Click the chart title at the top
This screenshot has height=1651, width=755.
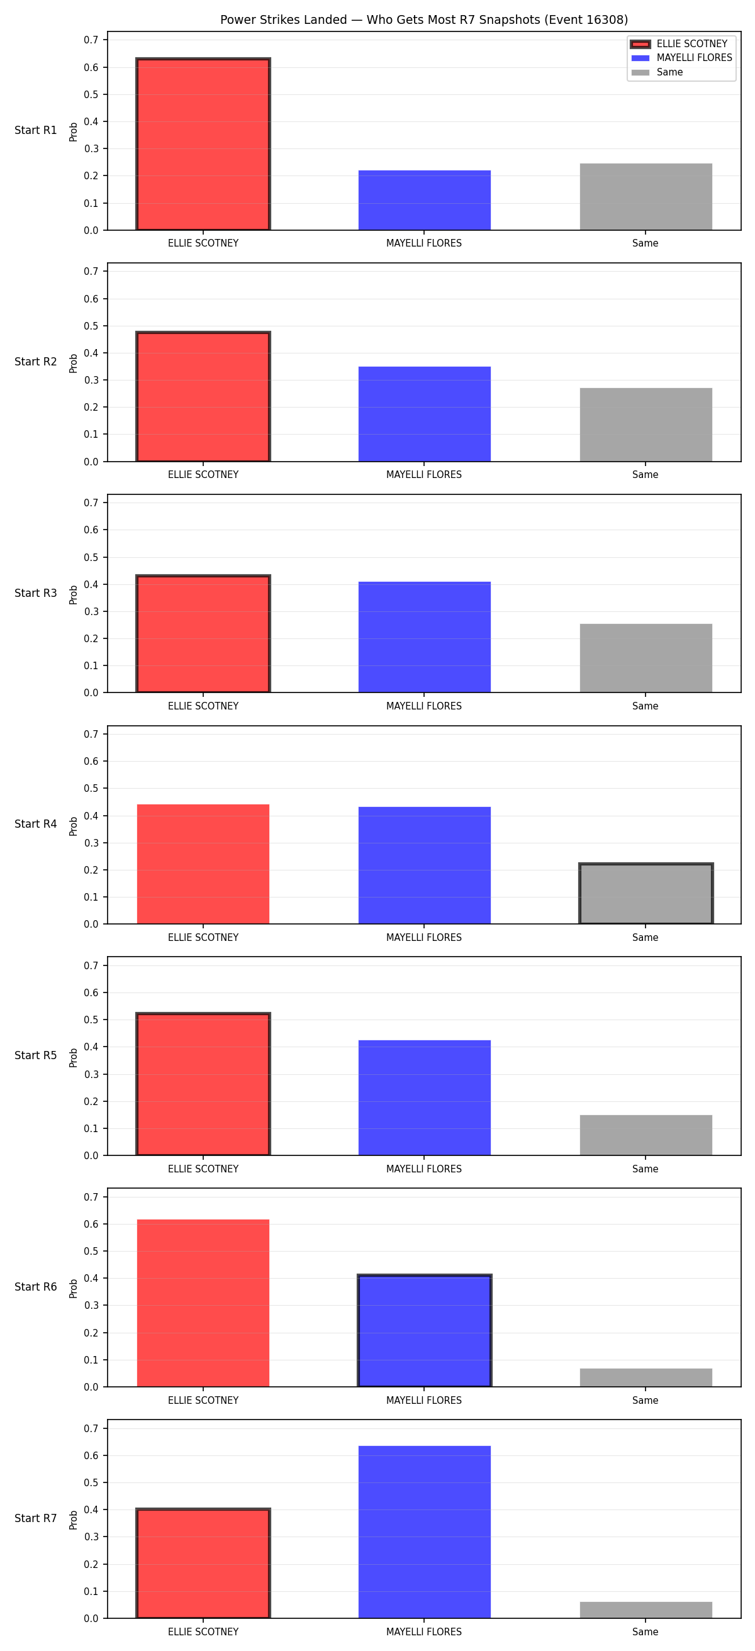pos(423,20)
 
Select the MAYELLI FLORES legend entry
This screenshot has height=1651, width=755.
pos(681,58)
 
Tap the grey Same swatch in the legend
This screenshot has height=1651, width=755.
pos(640,72)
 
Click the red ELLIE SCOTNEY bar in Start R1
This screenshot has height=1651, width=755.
pos(203,144)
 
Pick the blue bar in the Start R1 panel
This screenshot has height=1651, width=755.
pos(424,200)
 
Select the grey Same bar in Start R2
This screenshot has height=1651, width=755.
pos(646,425)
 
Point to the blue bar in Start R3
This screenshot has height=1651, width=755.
pos(424,637)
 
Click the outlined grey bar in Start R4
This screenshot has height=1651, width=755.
pos(646,894)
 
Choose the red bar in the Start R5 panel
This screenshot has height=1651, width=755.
pos(203,1084)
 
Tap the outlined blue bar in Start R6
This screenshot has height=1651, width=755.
pos(424,1330)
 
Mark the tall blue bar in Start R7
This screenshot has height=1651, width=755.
pos(424,1531)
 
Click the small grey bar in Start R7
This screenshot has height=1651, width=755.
pos(646,1610)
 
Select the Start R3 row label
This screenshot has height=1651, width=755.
pos(36,593)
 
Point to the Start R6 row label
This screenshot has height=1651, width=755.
pos(36,1287)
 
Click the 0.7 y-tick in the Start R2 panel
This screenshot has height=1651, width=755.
pos(91,271)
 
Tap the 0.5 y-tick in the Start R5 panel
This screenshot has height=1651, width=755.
pos(91,1020)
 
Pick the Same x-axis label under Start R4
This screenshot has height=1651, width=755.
pos(646,938)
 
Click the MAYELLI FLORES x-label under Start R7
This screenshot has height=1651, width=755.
pos(423,1632)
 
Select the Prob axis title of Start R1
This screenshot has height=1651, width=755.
pos(73,131)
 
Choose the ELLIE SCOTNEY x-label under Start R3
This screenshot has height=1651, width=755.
pos(203,706)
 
